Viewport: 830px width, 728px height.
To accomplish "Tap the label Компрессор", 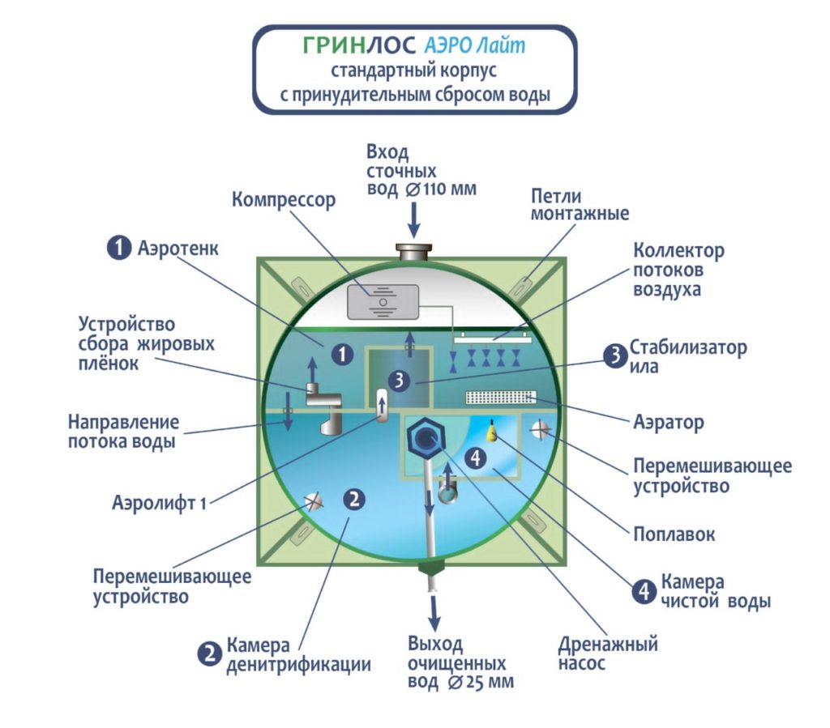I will click(284, 199).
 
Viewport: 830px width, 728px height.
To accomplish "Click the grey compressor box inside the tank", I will click(383, 301).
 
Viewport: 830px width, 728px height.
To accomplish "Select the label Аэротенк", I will click(179, 247).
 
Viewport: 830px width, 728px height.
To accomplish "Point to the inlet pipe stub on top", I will click(414, 252).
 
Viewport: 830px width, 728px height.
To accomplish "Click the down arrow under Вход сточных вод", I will click(414, 217).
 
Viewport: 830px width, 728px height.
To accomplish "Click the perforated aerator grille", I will click(503, 396).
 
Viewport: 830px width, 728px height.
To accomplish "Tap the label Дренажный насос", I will click(608, 654).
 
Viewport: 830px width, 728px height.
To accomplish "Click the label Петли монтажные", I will click(580, 205).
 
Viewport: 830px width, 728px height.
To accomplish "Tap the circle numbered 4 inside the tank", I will click(477, 458).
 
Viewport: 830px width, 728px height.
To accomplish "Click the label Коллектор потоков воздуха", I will click(678, 269).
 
